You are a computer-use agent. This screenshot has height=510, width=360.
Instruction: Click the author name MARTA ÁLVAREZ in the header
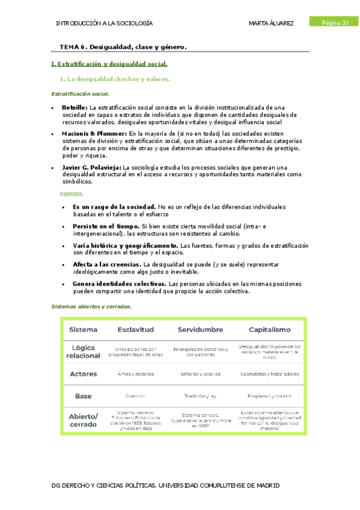click(270, 23)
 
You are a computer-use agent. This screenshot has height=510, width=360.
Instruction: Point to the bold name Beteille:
click(75, 107)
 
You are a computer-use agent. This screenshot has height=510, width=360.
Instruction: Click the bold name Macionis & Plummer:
click(94, 134)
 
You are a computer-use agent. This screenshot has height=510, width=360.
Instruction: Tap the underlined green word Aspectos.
click(72, 193)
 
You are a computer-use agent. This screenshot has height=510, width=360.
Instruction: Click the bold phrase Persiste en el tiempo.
click(106, 226)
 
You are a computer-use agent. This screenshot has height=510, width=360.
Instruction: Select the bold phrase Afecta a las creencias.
click(107, 264)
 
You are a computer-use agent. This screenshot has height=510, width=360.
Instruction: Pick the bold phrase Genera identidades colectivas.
click(119, 283)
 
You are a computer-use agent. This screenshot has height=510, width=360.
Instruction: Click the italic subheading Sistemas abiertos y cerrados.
click(91, 307)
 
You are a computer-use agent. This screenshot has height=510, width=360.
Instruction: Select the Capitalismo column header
click(269, 330)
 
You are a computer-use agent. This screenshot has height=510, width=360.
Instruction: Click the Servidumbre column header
click(200, 330)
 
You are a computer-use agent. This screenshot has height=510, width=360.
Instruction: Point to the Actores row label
click(84, 374)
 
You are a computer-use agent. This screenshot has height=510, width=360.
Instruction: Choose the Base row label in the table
click(84, 396)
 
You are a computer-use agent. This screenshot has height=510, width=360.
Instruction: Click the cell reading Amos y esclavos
click(135, 374)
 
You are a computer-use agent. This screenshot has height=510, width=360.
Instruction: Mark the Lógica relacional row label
click(84, 352)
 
